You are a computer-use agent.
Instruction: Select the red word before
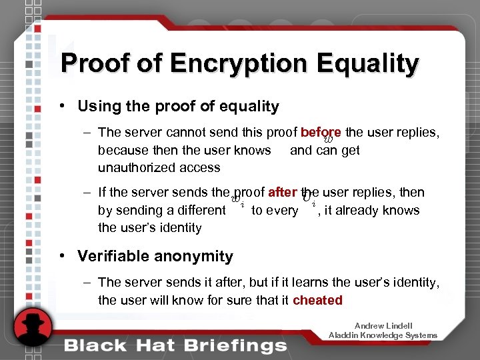pyautogui.click(x=321, y=133)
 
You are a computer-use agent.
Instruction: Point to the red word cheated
pyautogui.click(x=317, y=300)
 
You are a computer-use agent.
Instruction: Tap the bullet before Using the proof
pyautogui.click(x=61, y=106)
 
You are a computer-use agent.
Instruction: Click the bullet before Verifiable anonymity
pyautogui.click(x=61, y=256)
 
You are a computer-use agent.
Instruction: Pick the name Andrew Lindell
pyautogui.click(x=383, y=326)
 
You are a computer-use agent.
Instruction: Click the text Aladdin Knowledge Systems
pyautogui.click(x=383, y=335)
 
